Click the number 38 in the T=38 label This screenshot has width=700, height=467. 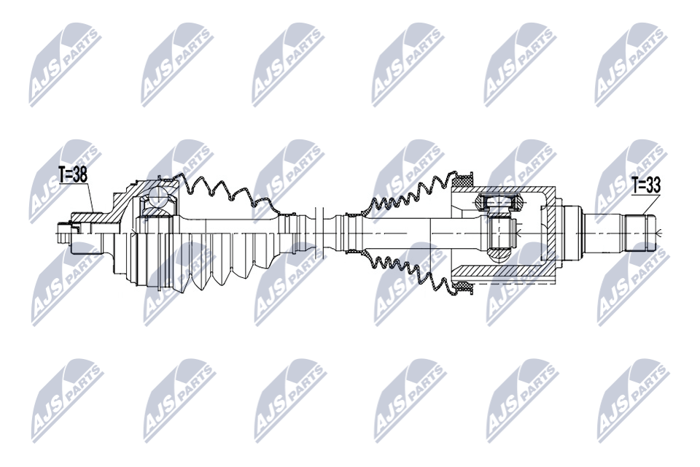[x=80, y=175]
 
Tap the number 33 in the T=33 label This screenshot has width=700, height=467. [x=653, y=185]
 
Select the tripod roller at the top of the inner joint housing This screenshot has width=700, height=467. [x=498, y=201]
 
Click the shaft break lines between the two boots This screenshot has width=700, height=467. [x=319, y=232]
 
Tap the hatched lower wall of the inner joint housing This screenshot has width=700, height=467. [x=505, y=271]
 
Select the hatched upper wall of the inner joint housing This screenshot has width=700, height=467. [x=505, y=191]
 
